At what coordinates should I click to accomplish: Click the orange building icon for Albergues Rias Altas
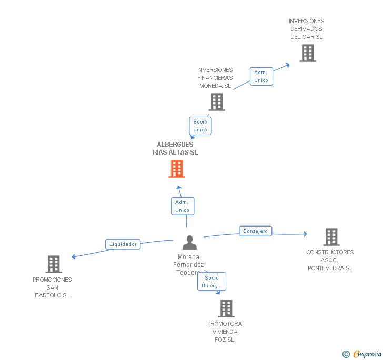(177, 169)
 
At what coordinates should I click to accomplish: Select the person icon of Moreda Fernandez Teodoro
(189, 243)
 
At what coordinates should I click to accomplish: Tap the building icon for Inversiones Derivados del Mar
(308, 53)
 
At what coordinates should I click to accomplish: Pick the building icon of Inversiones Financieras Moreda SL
(217, 102)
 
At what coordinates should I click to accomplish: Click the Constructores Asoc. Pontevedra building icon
(331, 237)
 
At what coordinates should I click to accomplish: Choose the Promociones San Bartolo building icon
(54, 264)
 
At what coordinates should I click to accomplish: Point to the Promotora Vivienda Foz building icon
(226, 308)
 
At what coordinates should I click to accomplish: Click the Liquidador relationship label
(123, 244)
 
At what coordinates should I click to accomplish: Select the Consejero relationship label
(256, 231)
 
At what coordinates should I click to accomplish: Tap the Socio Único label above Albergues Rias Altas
(200, 126)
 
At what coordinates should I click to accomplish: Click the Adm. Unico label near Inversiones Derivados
(261, 76)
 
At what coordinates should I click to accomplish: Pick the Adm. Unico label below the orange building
(182, 206)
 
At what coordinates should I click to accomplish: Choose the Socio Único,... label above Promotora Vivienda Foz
(212, 282)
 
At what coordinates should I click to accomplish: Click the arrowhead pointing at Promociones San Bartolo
(74, 257)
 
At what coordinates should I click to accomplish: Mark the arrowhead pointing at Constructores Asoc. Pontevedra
(305, 234)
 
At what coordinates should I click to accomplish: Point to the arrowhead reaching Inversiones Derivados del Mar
(287, 65)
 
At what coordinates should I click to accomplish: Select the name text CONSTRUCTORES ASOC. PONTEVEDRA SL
(330, 260)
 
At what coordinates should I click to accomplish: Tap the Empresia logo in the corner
(362, 354)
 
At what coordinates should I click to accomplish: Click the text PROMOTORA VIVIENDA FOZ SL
(225, 332)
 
